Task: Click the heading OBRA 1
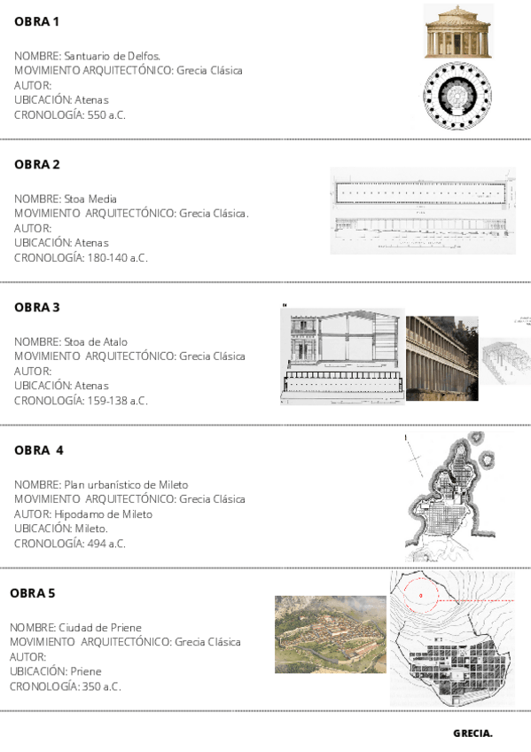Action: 36,22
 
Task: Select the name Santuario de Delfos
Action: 112,55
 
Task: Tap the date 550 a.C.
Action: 109,115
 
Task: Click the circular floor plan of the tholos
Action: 458,98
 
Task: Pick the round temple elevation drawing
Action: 458,32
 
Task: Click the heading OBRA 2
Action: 37,165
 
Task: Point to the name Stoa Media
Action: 90,199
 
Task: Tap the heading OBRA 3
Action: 37,308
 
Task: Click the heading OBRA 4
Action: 39,450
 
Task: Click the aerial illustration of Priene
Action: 331,634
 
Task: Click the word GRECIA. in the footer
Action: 472,733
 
